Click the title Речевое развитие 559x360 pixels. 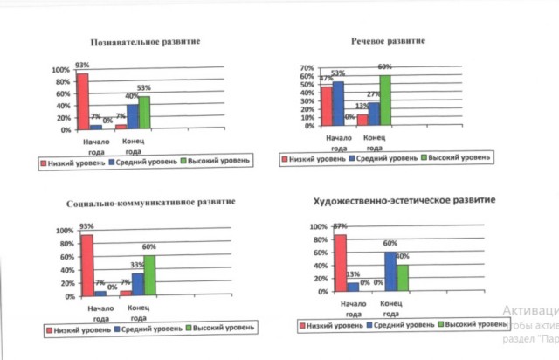click(389, 41)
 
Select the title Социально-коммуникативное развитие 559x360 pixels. click(151, 203)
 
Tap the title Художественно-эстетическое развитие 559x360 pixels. click(404, 200)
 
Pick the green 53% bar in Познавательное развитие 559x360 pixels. click(145, 113)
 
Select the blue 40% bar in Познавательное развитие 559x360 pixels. click(133, 117)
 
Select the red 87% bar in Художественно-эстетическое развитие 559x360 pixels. click(340, 262)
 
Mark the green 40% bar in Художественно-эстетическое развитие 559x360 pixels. click(402, 277)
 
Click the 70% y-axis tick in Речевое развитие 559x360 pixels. click(306, 67)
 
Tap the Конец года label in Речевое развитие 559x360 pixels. click(374, 142)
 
